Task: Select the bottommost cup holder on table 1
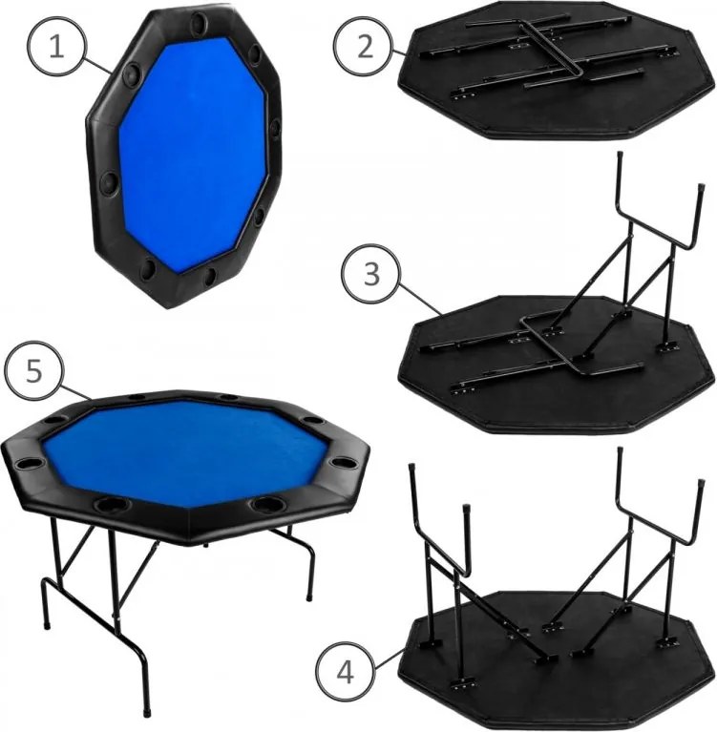(151, 272)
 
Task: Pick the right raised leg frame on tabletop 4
(649, 544)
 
